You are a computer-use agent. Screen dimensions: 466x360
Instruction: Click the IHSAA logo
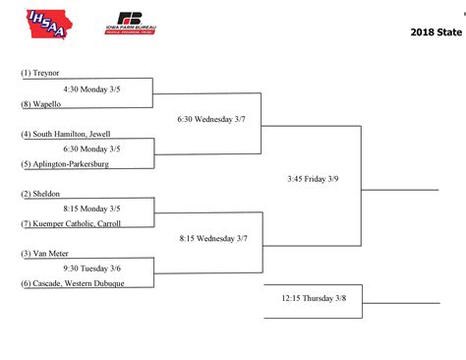tap(48, 23)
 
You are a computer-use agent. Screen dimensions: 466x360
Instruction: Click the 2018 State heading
tap(435, 32)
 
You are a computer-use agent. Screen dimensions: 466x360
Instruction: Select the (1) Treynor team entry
tap(39, 74)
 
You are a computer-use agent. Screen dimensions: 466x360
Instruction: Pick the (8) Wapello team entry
tap(39, 103)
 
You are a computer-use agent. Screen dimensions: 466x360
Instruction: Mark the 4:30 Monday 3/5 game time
tap(91, 89)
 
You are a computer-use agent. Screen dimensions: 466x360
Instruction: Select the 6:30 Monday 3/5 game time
tap(91, 149)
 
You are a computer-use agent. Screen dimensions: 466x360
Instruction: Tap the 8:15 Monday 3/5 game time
tap(91, 209)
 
